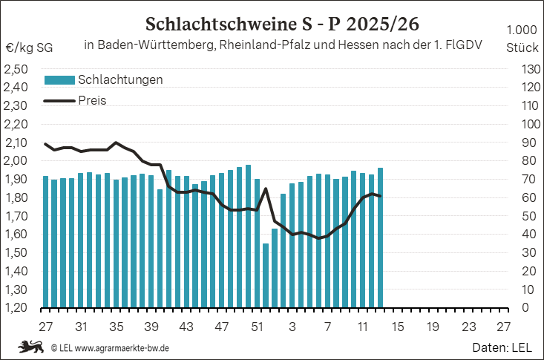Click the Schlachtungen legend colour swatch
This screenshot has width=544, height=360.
[59, 80]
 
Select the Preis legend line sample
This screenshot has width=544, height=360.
[59, 101]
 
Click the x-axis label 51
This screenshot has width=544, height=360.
[257, 326]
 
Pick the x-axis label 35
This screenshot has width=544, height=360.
[116, 326]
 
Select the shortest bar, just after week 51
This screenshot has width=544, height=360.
[266, 275]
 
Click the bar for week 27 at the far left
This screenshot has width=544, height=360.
[45, 242]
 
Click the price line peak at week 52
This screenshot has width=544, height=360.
[266, 189]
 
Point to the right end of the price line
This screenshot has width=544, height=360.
[380, 196]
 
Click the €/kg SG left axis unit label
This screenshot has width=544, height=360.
[28, 48]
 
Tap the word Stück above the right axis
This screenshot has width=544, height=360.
[522, 48]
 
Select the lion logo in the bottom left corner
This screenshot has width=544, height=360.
[32, 347]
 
